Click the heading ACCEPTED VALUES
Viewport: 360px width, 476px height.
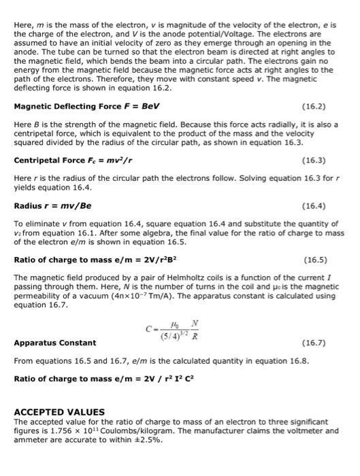pos(59,411)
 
